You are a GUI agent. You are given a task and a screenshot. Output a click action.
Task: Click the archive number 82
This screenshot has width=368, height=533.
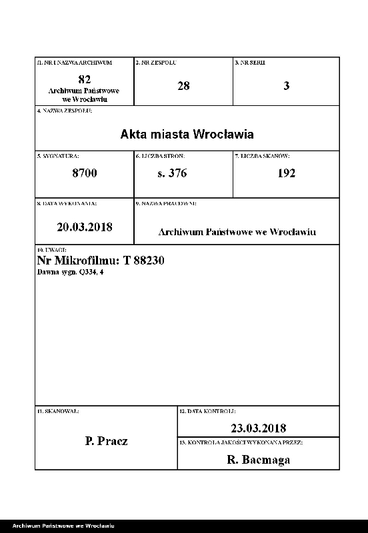[84, 79]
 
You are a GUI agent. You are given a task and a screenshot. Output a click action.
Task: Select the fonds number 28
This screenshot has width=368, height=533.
[183, 86]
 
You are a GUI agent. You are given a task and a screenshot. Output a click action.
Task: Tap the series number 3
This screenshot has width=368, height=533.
[287, 86]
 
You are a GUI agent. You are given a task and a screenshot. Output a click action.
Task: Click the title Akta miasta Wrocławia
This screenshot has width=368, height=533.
[187, 134]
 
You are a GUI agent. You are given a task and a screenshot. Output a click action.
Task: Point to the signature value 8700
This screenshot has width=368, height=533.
[85, 173]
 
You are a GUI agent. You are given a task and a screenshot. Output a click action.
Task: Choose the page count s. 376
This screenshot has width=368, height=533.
[171, 173]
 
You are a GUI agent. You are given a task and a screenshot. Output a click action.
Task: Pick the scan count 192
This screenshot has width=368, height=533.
[286, 173]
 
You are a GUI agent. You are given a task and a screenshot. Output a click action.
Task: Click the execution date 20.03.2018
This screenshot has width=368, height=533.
[85, 227]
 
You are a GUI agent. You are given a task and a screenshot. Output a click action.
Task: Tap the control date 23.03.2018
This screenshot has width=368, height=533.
[258, 428]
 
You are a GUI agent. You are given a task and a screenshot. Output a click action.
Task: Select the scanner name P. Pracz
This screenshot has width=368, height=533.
[107, 441]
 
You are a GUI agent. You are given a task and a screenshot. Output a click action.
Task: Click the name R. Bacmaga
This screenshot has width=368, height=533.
[258, 459]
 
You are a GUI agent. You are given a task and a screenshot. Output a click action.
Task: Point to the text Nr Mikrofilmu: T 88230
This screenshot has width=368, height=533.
[101, 261]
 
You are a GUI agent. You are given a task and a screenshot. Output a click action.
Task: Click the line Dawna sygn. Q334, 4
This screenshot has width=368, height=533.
[70, 273]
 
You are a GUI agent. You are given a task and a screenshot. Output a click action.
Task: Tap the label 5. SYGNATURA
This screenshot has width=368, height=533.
[58, 155]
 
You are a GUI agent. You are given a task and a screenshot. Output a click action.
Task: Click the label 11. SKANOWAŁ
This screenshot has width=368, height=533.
[58, 412]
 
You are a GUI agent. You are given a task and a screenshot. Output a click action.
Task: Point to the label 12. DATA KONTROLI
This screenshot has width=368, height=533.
[207, 412]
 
